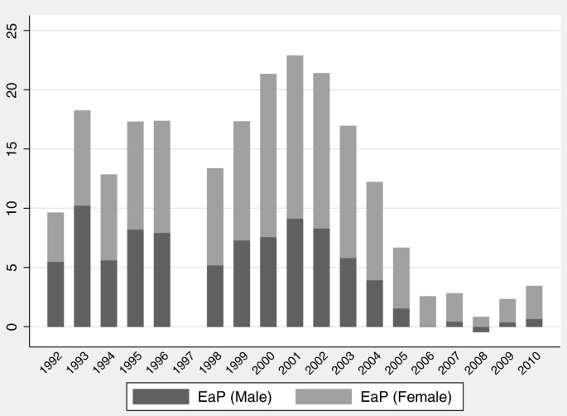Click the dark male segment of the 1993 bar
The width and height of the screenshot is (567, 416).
coord(82,266)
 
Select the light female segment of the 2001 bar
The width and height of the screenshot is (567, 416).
coord(295,137)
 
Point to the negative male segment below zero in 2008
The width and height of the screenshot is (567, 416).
coord(481,329)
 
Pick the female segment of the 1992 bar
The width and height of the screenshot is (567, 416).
coord(55,237)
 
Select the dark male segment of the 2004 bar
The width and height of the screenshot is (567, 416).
coord(374,303)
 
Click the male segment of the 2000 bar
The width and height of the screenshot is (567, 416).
coord(268,282)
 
